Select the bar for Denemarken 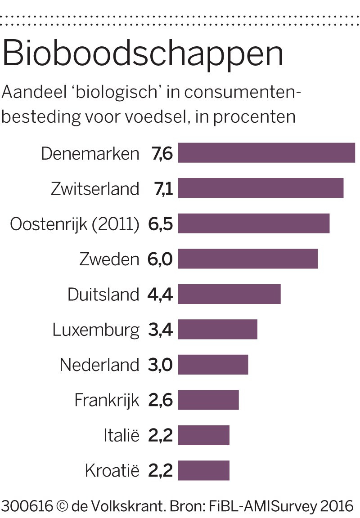point(266,153)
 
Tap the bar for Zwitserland point(261,188)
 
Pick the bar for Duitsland point(229,294)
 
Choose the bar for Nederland point(213,365)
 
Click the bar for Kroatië point(203,471)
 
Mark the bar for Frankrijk point(208,400)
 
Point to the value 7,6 point(162,153)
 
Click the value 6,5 point(160,224)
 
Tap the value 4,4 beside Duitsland point(160,295)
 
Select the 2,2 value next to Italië point(160,436)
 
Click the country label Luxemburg point(96,330)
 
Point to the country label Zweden point(109,259)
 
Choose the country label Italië point(121,436)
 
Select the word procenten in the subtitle point(254,117)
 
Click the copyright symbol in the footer point(63,506)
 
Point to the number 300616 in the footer point(27,506)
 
